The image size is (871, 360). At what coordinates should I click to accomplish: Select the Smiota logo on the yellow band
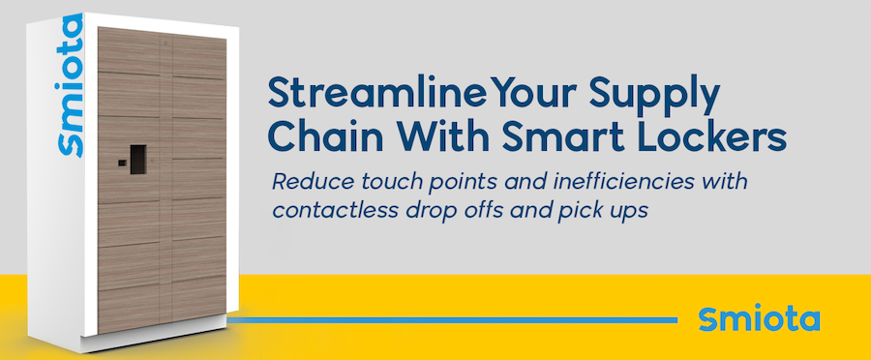coord(760,318)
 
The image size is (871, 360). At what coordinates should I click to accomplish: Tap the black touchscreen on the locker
coord(138,160)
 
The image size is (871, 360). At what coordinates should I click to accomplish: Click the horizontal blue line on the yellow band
coord(452,320)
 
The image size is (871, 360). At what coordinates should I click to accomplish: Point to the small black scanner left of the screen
coord(122,163)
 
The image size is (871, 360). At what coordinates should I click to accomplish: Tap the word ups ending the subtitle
coord(632,213)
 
